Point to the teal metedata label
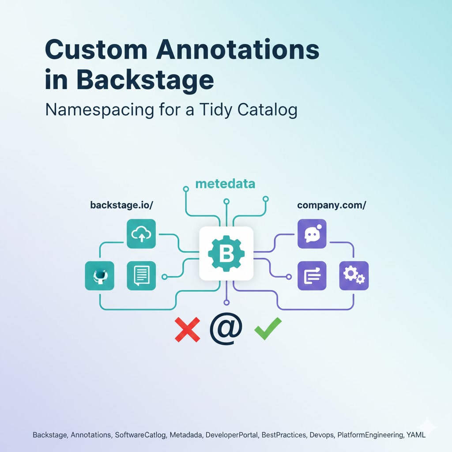click(225, 184)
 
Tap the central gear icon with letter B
click(226, 253)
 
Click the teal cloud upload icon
click(141, 234)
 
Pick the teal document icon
click(141, 276)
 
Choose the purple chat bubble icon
click(312, 234)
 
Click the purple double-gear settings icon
click(354, 276)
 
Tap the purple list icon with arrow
click(312, 276)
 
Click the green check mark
click(267, 329)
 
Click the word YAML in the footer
click(416, 435)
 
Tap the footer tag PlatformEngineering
click(370, 435)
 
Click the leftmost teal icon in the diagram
click(99, 276)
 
